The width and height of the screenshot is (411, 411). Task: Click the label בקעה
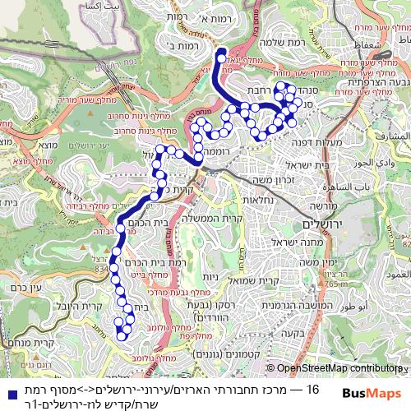coord(292,334)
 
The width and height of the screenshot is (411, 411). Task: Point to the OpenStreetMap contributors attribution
coord(338,369)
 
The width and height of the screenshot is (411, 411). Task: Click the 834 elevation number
coord(102,267)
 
